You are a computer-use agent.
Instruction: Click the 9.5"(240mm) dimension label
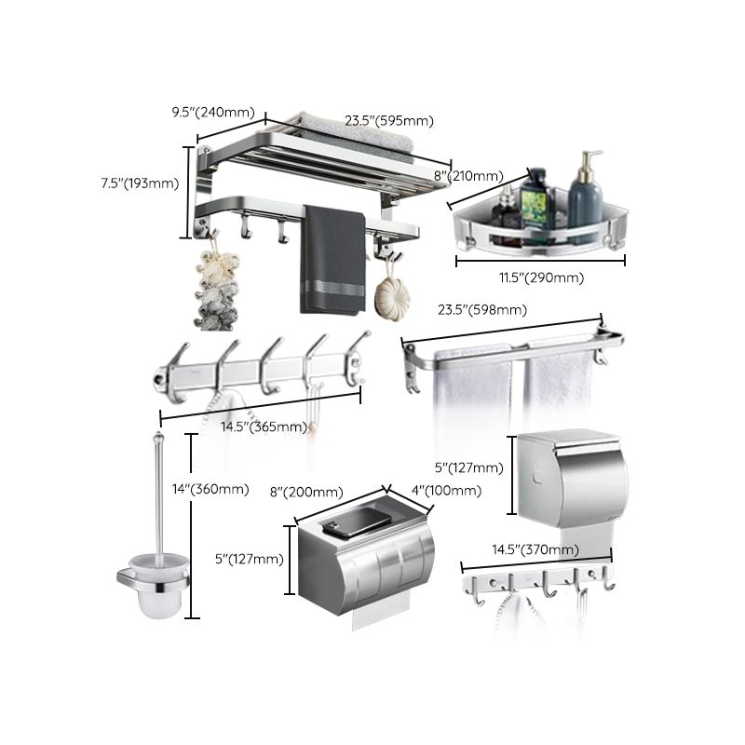[x=213, y=113]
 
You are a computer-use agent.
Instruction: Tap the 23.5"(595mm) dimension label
[x=389, y=120]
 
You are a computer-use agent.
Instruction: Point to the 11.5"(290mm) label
[x=541, y=277]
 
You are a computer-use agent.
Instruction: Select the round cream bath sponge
[x=388, y=298]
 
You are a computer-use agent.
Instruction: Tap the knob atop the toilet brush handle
[x=158, y=437]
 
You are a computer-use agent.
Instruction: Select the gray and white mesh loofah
[x=216, y=289]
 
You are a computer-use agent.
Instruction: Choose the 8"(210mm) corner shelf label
[x=468, y=175]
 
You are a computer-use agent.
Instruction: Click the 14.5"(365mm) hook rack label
[x=264, y=427]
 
